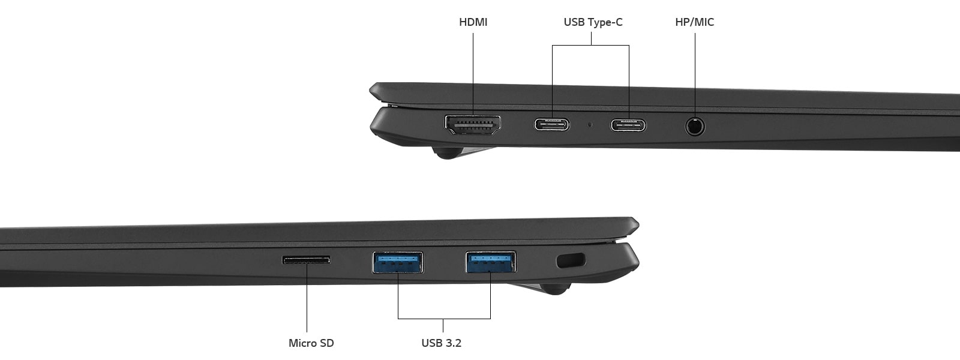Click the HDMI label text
click(x=473, y=22)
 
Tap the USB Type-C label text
click(x=593, y=22)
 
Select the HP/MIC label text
click(x=694, y=22)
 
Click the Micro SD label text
click(x=311, y=343)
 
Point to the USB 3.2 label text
click(x=441, y=343)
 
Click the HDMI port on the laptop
click(x=473, y=124)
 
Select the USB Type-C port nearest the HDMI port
click(x=552, y=125)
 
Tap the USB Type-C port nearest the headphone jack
click(x=629, y=125)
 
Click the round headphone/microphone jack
click(x=695, y=127)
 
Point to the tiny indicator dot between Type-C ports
click(x=590, y=125)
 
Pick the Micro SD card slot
click(x=306, y=260)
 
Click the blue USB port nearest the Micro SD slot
click(x=397, y=262)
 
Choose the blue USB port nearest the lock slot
click(x=491, y=262)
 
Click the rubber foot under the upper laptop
click(x=445, y=154)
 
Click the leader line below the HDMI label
click(x=473, y=72)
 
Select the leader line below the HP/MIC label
click(x=695, y=72)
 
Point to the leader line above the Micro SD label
click(x=307, y=300)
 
